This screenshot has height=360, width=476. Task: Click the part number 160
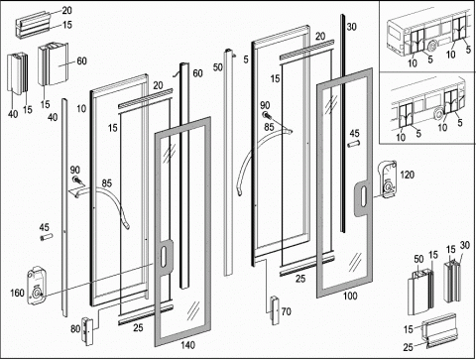tap(18, 293)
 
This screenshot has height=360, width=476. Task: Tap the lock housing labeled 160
tap(37, 286)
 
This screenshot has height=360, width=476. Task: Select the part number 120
tap(407, 175)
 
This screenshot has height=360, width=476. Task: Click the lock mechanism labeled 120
tap(388, 179)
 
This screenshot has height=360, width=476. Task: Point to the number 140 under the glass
tap(187, 345)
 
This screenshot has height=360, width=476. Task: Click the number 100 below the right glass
tap(350, 296)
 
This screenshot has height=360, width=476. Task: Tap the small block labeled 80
tap(87, 331)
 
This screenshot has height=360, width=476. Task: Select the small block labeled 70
tap(275, 310)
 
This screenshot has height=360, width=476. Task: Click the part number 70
tap(287, 311)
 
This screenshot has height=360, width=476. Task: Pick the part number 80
tap(75, 328)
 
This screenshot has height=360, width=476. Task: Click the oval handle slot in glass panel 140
tap(164, 256)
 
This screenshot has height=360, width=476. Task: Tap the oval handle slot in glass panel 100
tap(363, 197)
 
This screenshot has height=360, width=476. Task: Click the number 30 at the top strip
tap(351, 27)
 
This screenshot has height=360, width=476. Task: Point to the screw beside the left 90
tap(77, 180)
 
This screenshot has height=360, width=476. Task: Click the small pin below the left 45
tap(46, 237)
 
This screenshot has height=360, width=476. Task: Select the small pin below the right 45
tap(353, 145)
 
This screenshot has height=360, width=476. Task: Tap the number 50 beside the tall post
tap(218, 67)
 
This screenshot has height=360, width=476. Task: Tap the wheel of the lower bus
tap(439, 114)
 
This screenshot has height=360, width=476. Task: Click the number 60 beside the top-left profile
tap(81, 60)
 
